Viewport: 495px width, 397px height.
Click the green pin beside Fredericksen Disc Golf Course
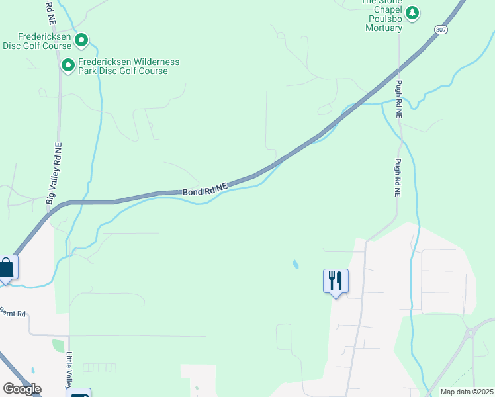(x=81, y=41)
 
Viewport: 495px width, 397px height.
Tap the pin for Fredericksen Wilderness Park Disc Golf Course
(x=67, y=65)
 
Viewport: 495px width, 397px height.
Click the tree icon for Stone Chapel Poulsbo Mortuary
(x=413, y=13)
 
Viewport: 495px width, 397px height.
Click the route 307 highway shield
(x=440, y=30)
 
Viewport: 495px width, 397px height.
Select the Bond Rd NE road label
(x=205, y=190)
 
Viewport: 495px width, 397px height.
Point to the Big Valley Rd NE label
(x=54, y=173)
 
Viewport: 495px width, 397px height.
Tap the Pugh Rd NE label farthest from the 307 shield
(x=398, y=177)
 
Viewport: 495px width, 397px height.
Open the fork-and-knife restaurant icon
(x=336, y=281)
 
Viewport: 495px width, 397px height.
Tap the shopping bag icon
(x=7, y=268)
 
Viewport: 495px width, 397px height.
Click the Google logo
(x=22, y=389)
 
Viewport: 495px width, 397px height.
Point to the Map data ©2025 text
(x=466, y=391)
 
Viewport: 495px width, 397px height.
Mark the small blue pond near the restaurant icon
(x=294, y=265)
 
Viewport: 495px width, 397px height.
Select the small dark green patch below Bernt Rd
(x=59, y=345)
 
